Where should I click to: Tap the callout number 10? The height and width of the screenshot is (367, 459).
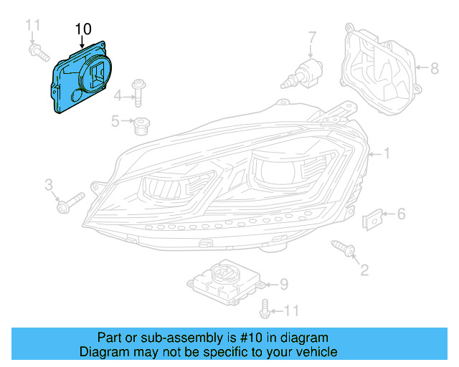point(82,29)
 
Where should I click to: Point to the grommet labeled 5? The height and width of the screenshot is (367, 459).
point(141,125)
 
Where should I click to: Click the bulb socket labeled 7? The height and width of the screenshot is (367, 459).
point(305,74)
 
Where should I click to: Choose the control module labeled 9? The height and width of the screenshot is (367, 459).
point(222,283)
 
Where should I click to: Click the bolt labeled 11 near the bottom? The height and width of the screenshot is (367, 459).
point(266,310)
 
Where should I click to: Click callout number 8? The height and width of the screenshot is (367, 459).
point(433,69)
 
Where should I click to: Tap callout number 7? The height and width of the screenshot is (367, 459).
point(312,37)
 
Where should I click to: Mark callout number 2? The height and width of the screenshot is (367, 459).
point(364,270)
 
